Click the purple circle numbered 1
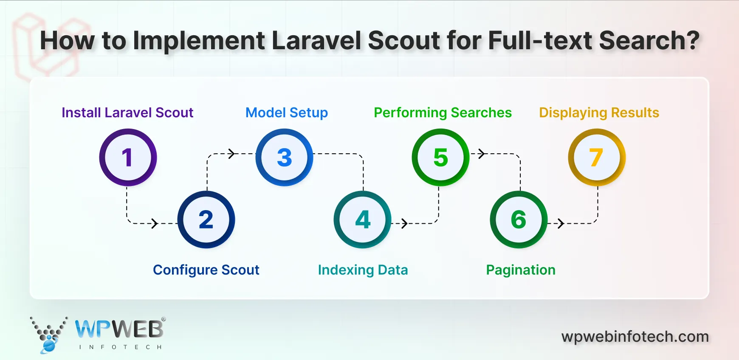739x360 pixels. click(x=128, y=157)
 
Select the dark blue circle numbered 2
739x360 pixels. click(x=206, y=219)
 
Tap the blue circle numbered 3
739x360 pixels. click(x=284, y=157)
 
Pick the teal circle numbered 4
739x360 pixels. click(x=362, y=219)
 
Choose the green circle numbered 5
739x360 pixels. click(x=440, y=157)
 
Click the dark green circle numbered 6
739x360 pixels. click(x=519, y=219)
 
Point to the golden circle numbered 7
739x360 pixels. click(x=597, y=157)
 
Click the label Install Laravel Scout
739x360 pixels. click(x=127, y=112)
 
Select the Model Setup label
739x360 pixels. click(x=287, y=112)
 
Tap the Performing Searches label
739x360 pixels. click(x=443, y=112)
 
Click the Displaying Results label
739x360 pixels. click(x=599, y=112)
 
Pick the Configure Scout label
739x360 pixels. click(x=206, y=270)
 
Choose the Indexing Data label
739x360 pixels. click(x=363, y=270)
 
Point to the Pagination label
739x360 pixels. click(x=521, y=270)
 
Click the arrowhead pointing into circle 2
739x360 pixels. click(x=155, y=223)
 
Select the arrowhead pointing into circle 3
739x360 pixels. click(x=231, y=154)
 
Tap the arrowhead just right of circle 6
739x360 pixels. click(x=561, y=223)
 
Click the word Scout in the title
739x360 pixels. click(x=404, y=41)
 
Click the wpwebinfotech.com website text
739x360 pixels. click(x=635, y=337)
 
